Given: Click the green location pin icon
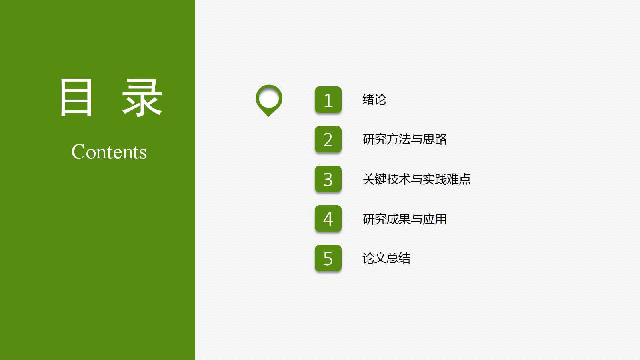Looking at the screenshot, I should [269, 100].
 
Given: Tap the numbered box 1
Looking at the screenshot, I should [328, 100].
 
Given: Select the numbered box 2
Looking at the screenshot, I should [328, 139].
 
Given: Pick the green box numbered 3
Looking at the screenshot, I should [328, 179].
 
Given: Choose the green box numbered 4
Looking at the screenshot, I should [328, 218].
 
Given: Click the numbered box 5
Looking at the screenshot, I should [328, 258].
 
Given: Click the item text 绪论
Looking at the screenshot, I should [374, 100].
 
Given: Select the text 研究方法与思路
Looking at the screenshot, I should [404, 139].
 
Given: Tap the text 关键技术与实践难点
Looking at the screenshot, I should [416, 179].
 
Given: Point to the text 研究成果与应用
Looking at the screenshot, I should [404, 219].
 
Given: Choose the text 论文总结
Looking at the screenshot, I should [386, 258].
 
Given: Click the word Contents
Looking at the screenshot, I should [109, 152].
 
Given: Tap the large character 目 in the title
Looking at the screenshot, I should [76, 98].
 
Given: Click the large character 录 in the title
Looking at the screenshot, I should [142, 98].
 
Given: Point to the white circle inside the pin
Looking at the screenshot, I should [269, 98].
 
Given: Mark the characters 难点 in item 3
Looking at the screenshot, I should [459, 179].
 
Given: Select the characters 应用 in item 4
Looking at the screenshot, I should [435, 219].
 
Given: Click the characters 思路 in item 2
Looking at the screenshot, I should [435, 139].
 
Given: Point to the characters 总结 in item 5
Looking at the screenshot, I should [398, 258].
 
